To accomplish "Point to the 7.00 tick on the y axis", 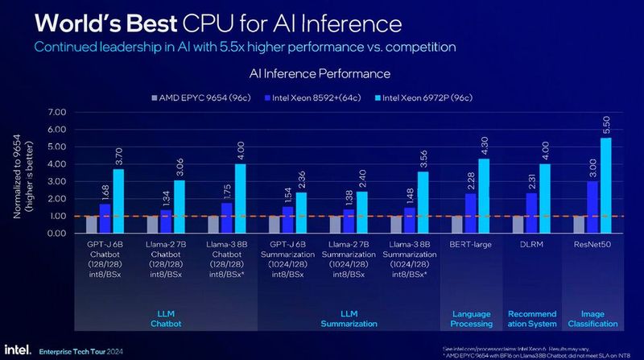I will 56,112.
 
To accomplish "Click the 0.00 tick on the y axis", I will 56,234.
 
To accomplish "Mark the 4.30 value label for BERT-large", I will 485,145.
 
